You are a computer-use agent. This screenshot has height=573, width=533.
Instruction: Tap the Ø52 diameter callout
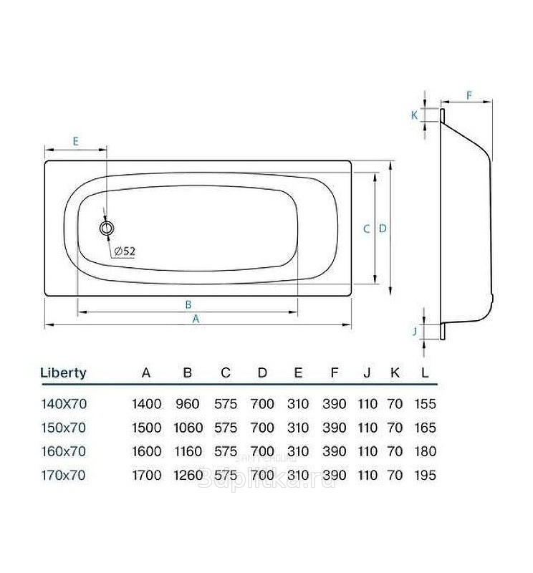click(125, 251)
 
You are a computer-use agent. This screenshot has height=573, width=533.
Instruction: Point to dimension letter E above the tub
click(76, 141)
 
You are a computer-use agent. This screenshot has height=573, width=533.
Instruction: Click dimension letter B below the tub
click(188, 304)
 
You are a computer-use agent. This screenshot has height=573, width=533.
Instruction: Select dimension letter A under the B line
click(196, 319)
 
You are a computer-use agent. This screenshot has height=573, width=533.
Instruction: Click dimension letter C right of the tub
click(366, 229)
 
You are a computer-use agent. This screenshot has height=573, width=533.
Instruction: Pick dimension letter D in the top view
click(383, 228)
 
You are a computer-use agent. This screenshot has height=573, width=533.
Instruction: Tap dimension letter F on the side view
click(469, 96)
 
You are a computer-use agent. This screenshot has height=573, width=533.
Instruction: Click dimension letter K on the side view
click(414, 115)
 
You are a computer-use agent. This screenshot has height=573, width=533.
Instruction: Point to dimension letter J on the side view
click(415, 332)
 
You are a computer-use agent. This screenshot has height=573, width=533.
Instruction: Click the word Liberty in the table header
click(63, 373)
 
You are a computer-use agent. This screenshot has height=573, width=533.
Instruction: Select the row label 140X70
click(64, 404)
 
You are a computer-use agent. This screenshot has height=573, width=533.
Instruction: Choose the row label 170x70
click(63, 476)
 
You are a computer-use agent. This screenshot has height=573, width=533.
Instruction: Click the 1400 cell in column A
click(147, 404)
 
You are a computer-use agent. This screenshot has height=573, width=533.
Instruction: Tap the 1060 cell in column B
click(188, 428)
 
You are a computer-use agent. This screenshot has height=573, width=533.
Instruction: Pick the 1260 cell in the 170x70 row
click(188, 476)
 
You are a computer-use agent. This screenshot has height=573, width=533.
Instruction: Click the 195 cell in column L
click(425, 476)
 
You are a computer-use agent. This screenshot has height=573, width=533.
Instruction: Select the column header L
click(424, 373)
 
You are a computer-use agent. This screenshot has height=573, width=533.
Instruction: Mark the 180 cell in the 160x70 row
click(425, 452)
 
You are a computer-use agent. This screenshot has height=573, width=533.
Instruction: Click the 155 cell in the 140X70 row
click(425, 404)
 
